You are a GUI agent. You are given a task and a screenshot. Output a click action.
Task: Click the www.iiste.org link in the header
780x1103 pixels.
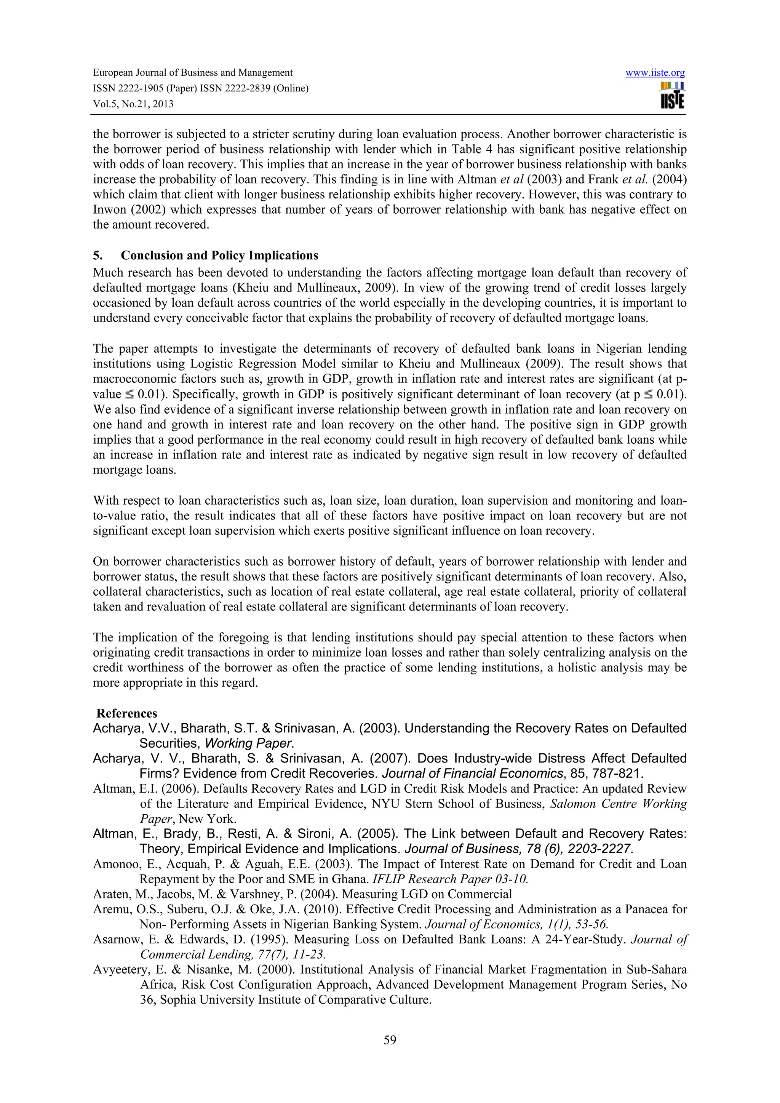(x=655, y=73)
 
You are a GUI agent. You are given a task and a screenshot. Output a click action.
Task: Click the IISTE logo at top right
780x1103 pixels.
(x=672, y=96)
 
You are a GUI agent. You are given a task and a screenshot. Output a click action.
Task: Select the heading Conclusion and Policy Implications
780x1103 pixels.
(x=219, y=255)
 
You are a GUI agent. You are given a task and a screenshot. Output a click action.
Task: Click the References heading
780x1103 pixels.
(x=127, y=713)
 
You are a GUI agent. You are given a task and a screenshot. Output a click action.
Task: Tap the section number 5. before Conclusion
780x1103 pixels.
(x=97, y=255)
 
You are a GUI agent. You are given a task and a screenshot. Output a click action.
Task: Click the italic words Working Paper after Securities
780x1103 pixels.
(x=248, y=744)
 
